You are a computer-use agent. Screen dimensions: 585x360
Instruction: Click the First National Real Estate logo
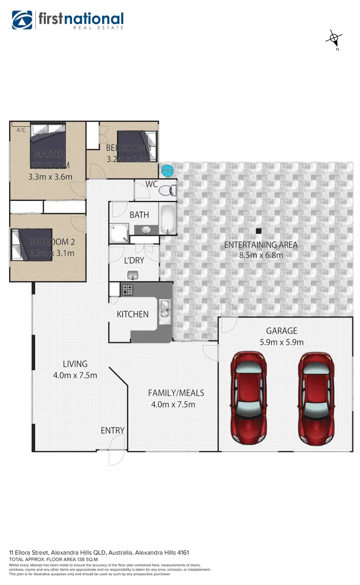68,21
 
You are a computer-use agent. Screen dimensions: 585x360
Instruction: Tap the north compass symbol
335,38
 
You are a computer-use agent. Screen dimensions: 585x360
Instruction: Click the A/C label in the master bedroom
21,130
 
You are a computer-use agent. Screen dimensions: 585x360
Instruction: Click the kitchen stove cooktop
128,290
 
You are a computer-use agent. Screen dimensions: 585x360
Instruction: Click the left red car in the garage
248,396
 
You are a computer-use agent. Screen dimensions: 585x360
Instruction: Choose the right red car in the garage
316,396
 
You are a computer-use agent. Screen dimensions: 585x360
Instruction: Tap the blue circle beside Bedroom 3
167,171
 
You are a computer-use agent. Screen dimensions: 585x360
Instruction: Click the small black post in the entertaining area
259,230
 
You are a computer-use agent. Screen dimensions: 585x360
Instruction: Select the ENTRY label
113,431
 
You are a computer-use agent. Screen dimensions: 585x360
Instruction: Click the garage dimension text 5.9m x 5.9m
282,342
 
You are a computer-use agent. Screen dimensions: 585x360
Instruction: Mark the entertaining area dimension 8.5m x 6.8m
261,255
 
